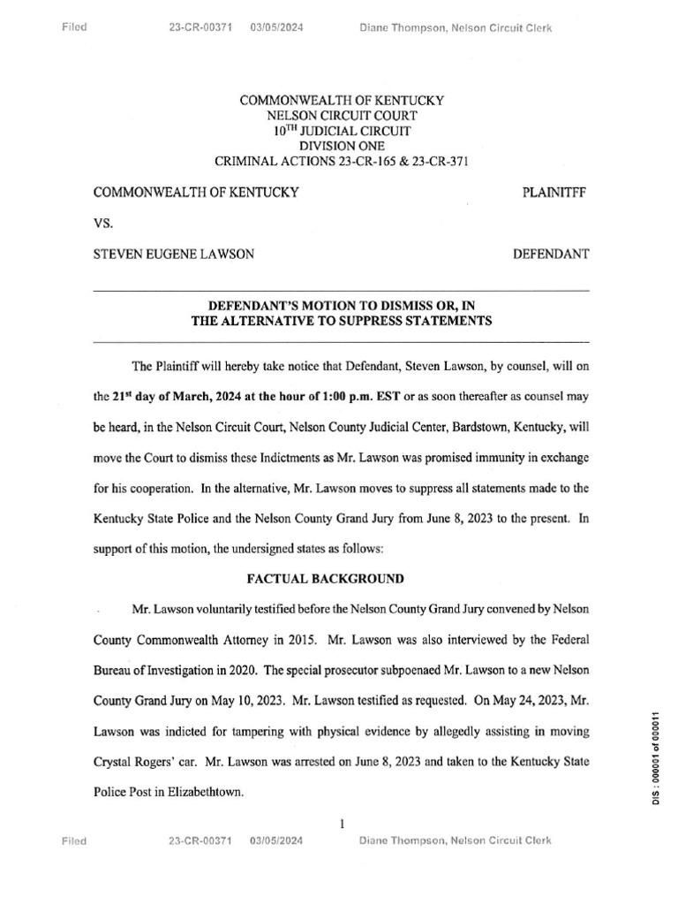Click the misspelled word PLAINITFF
(555, 191)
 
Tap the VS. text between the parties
(104, 223)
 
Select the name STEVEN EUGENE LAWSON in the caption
(174, 255)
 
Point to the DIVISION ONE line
(342, 146)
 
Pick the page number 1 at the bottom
(341, 824)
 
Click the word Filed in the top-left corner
(74, 27)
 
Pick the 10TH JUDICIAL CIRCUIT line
(342, 131)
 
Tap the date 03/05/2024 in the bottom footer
(276, 841)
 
